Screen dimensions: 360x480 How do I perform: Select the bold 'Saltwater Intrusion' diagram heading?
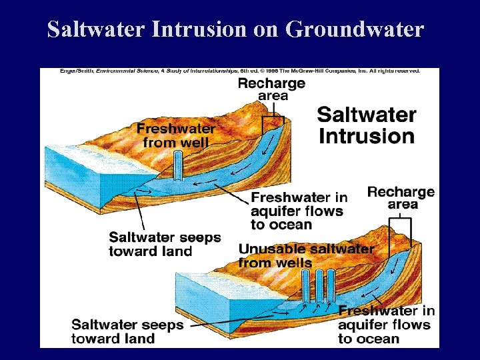[x=366, y=125]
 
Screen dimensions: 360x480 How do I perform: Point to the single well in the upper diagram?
[x=178, y=165]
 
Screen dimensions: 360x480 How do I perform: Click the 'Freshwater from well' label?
[x=176, y=135]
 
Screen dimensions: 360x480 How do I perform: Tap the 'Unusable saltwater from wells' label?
[x=306, y=255]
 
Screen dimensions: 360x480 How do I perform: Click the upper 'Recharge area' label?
[x=272, y=89]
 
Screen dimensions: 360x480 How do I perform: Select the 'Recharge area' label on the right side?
[x=401, y=198]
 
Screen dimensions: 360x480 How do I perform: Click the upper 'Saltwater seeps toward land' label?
[x=165, y=244]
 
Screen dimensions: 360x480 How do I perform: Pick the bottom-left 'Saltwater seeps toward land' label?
[x=127, y=331]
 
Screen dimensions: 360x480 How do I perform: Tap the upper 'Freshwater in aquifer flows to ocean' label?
[x=299, y=211]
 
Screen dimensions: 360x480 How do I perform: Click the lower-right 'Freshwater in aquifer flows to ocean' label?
[x=386, y=325]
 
